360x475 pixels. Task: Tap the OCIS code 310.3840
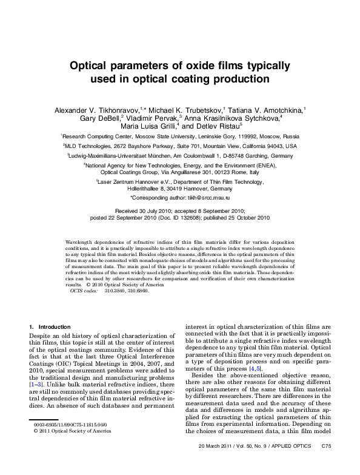click(x=114, y=291)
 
